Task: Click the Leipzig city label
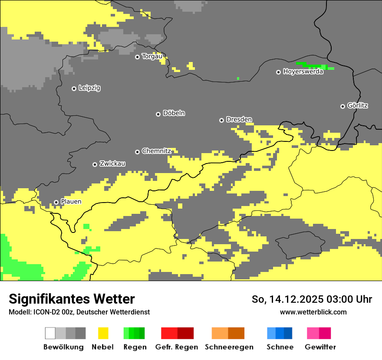pyautogui.click(x=89, y=88)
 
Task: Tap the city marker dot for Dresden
pyautogui.click(x=221, y=120)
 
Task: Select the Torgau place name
pyautogui.click(x=152, y=56)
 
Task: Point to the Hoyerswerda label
pyautogui.click(x=303, y=72)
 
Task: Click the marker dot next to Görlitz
pyautogui.click(x=342, y=106)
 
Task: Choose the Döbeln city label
pyautogui.click(x=174, y=113)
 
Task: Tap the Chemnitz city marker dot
pyautogui.click(x=137, y=152)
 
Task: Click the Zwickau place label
pyautogui.click(x=112, y=164)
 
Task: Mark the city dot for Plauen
pyautogui.click(x=56, y=202)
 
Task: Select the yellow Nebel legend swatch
pyautogui.click(x=103, y=333)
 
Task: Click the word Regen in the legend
pyautogui.click(x=134, y=347)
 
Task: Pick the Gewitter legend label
pyautogui.click(x=320, y=347)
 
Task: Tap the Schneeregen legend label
pyautogui.click(x=229, y=347)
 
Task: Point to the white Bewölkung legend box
pyautogui.click(x=50, y=333)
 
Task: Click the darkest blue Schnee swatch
pyautogui.click(x=288, y=333)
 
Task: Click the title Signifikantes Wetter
pyautogui.click(x=72, y=299)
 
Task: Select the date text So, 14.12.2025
pyautogui.click(x=285, y=299)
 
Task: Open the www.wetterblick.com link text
pyautogui.click(x=313, y=312)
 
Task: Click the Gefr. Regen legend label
pyautogui.click(x=176, y=347)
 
